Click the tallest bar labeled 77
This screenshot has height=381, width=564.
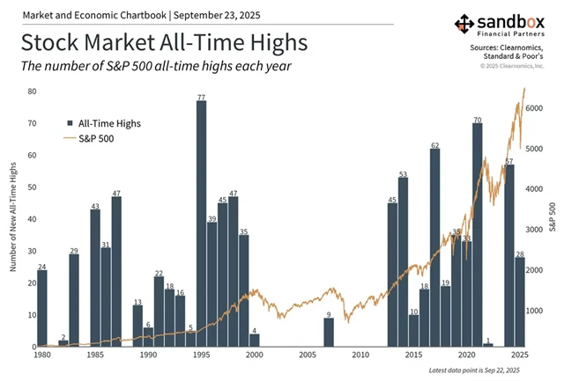[201, 223]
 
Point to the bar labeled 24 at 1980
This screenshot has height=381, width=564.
[42, 308]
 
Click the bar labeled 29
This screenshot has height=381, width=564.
[74, 300]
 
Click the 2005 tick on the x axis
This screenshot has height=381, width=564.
[307, 355]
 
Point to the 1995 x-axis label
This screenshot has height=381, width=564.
[201, 355]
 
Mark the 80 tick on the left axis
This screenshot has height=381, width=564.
[31, 92]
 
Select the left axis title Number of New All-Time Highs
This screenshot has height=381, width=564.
[14, 216]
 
